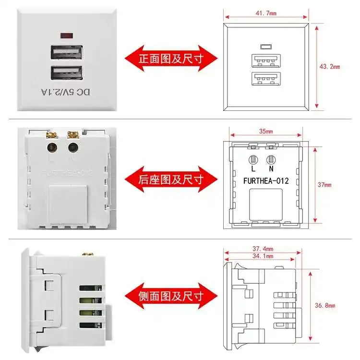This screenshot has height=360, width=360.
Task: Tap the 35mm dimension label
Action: click(265, 131)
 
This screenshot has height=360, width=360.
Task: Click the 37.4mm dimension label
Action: click(263, 249)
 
